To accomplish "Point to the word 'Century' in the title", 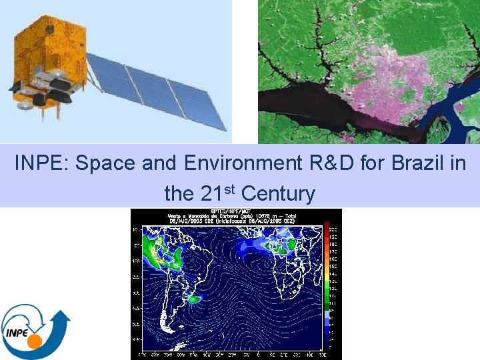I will pyautogui.click(x=278, y=194).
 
